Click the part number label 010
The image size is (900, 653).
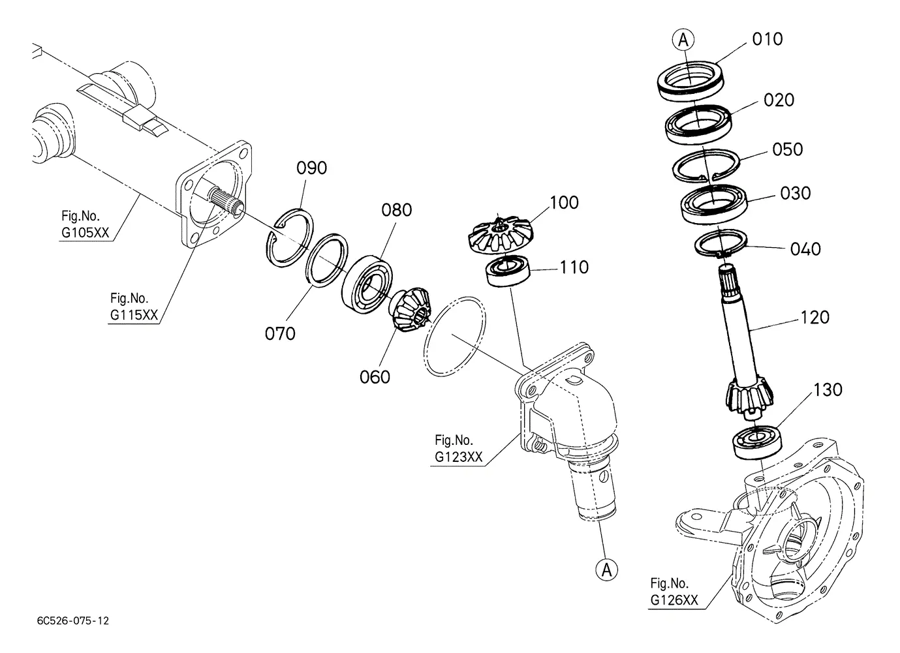768,39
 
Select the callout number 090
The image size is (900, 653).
311,168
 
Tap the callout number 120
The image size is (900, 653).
815,318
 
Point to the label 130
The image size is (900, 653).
828,390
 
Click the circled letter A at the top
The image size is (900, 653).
683,40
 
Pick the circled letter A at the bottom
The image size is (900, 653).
607,570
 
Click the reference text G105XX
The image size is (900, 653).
85,232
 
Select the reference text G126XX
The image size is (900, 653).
674,600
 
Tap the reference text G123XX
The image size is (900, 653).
458,457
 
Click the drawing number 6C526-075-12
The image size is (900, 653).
72,621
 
